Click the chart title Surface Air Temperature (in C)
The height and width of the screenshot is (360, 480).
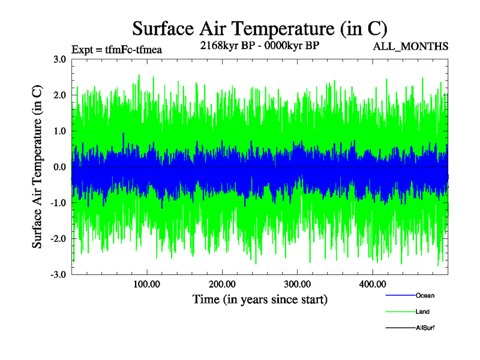[x=259, y=28]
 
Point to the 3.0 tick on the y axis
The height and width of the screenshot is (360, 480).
[x=59, y=59]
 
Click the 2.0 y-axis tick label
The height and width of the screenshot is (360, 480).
[x=59, y=95]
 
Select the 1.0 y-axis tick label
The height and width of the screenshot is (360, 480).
[x=59, y=131]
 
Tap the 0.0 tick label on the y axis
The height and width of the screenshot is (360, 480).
[x=59, y=167]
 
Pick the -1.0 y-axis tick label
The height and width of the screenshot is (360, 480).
[x=58, y=203]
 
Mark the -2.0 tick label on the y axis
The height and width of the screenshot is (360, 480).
[x=58, y=239]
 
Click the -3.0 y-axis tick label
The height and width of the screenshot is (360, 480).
[x=58, y=274]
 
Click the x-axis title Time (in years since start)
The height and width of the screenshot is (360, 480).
[x=260, y=299]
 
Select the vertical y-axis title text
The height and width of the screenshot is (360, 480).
[x=38, y=167]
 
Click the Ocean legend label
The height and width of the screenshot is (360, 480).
[x=425, y=295]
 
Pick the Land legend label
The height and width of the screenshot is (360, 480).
[x=422, y=311]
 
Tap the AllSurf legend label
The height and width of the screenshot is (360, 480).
[x=425, y=328]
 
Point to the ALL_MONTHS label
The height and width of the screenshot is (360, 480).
[x=411, y=46]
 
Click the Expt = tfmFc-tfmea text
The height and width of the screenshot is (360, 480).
[x=117, y=49]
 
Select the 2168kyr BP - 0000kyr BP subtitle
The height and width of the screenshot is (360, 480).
[x=260, y=44]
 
